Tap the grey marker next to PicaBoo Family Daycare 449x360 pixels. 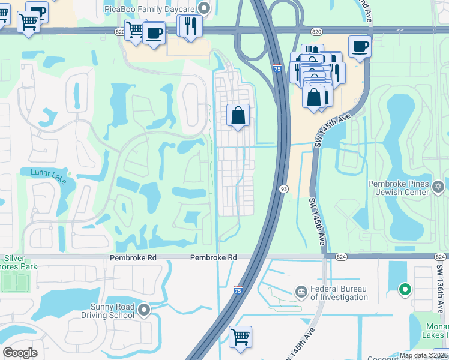(204, 8)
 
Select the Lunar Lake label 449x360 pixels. (50, 172)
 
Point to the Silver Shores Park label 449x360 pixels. (18, 262)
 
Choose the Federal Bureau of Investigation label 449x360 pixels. (340, 292)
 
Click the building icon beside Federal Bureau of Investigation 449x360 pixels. (301, 292)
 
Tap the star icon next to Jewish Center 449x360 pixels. (439, 188)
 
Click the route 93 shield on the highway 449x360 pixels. (282, 189)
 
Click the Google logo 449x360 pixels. (20, 353)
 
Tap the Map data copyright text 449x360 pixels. (423, 355)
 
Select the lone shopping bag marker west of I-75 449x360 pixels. (238, 115)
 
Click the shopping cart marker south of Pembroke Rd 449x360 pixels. (240, 337)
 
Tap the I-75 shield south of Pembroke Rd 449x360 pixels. (238, 290)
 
